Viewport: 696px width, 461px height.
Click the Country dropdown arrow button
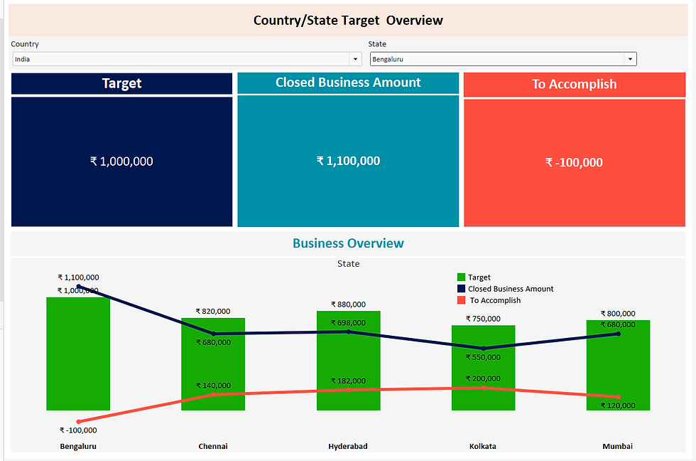[355, 59]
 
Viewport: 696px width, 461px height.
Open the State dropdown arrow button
[629, 59]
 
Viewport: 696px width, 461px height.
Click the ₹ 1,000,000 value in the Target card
[121, 161]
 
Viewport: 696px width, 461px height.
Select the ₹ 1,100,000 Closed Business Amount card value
[348, 161]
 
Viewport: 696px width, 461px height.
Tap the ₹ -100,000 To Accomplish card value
[574, 162]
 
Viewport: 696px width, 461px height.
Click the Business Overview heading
[348, 243]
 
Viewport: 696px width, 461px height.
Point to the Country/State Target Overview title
[348, 20]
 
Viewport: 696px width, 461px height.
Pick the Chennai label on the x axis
[213, 446]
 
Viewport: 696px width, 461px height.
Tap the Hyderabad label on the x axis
[348, 446]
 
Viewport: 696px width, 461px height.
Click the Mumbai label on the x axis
[617, 446]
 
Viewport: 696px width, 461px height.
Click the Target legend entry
[479, 277]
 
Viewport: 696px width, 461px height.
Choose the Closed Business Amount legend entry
[510, 289]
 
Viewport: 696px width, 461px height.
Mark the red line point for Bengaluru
[78, 422]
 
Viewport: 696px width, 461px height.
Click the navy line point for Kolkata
[483, 348]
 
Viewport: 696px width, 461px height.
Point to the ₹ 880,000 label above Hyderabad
[348, 304]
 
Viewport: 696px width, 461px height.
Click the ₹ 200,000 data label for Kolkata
[483, 378]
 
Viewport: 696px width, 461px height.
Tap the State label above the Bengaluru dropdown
[377, 44]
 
